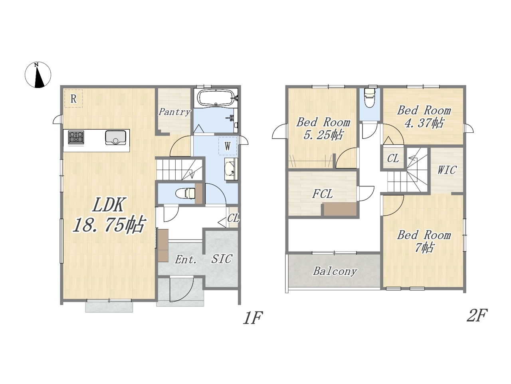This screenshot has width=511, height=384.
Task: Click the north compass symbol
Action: (38, 75)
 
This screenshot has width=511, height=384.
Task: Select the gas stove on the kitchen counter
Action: (76, 137)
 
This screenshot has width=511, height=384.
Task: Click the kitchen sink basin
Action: (115, 138)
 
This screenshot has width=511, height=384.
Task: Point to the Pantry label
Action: (174, 112)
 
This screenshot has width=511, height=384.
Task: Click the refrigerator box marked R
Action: (73, 99)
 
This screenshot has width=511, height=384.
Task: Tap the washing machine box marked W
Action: (228, 146)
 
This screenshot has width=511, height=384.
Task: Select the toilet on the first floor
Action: (185, 193)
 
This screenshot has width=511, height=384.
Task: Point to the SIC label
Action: (222, 259)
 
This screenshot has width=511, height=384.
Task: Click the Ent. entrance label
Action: (186, 260)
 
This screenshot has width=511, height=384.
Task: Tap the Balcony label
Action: (335, 271)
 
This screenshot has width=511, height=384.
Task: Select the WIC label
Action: (447, 170)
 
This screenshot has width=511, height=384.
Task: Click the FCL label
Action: (322, 194)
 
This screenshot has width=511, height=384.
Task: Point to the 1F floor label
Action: (253, 318)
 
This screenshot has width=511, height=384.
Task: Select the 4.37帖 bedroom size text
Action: (424, 123)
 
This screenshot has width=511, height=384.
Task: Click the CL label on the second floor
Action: (393, 158)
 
